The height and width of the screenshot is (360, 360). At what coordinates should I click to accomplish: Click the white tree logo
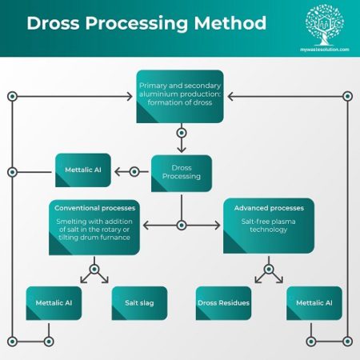pyautogui.click(x=325, y=24)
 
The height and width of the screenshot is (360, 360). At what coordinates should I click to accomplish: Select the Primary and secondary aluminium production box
pyautogui.click(x=181, y=96)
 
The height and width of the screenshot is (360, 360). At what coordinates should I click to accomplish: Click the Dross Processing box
pyautogui.click(x=181, y=171)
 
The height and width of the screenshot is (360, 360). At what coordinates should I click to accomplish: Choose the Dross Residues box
pyautogui.click(x=224, y=303)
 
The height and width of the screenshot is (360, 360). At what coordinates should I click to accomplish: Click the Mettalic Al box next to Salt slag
pyautogui.click(x=54, y=303)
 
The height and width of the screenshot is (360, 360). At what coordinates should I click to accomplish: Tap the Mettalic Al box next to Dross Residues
pyautogui.click(x=314, y=303)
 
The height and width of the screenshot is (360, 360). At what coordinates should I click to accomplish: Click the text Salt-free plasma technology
pyautogui.click(x=268, y=225)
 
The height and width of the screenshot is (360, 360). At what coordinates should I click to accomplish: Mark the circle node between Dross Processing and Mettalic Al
pyautogui.click(x=134, y=171)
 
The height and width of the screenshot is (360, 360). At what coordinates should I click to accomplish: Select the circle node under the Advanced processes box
pyautogui.click(x=269, y=269)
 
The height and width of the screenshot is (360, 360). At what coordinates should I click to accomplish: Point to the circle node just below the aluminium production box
pyautogui.click(x=181, y=133)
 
